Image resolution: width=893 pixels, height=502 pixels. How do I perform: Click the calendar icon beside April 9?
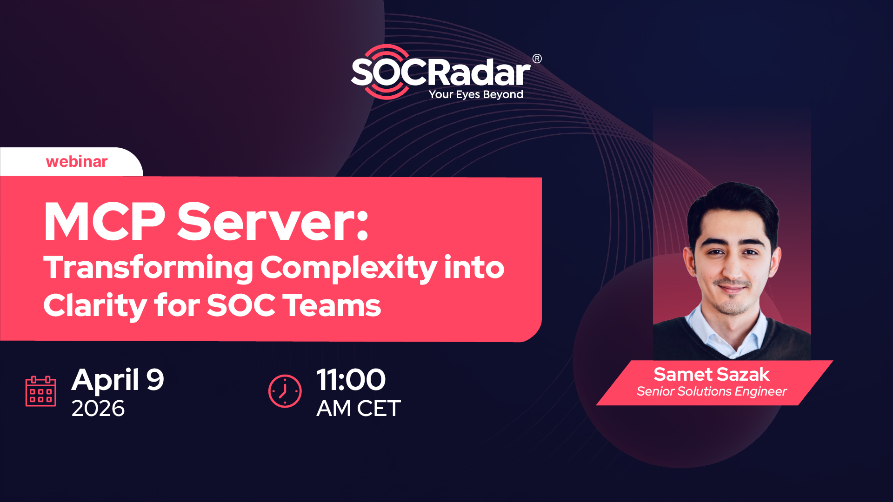(x=41, y=391)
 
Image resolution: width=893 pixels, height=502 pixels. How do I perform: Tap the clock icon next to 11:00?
(x=285, y=391)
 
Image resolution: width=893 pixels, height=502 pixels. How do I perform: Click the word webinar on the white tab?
(x=77, y=161)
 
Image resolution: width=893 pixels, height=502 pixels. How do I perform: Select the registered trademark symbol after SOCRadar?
(x=537, y=59)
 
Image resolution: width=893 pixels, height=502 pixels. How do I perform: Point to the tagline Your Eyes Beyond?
(x=476, y=94)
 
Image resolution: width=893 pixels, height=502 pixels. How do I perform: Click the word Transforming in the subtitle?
(x=148, y=268)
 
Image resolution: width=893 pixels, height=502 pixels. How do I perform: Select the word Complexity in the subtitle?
(x=349, y=268)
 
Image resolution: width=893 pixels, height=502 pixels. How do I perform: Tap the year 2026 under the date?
(x=98, y=409)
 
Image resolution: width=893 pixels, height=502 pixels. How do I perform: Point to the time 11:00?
(x=351, y=380)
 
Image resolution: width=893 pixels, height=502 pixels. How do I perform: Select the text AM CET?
(x=359, y=409)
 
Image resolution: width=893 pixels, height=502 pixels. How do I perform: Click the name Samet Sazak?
(x=712, y=374)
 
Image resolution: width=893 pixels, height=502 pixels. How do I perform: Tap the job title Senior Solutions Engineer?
(x=712, y=391)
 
